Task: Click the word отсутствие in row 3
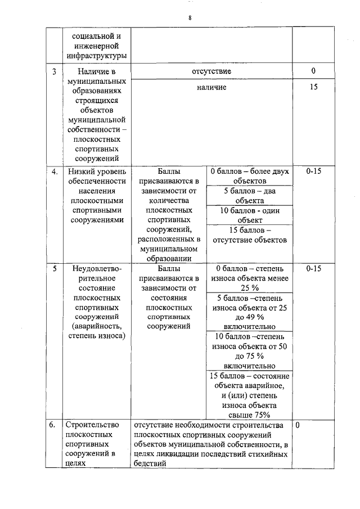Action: click(211, 71)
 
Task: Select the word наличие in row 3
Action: click(211, 88)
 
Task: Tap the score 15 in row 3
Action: click(313, 88)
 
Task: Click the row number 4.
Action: click(55, 171)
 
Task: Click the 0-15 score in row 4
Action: click(313, 171)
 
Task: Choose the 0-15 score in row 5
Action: click(313, 268)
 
